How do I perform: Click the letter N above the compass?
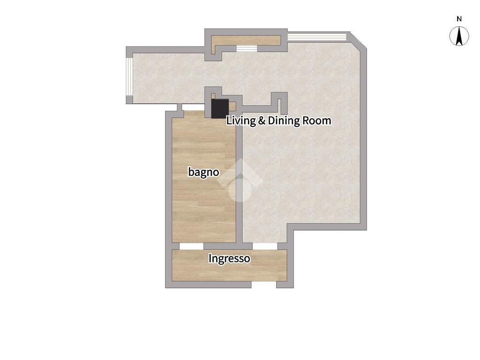point(459,19)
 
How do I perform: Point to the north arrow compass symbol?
point(459,36)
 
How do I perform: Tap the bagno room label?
point(203,172)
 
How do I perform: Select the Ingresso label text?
point(229,259)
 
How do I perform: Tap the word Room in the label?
point(317,120)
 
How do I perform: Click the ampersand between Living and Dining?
point(262,120)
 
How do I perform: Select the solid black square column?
point(220,108)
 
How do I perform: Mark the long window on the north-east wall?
point(317,37)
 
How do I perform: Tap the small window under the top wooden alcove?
point(247,49)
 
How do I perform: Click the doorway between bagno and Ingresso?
point(191,246)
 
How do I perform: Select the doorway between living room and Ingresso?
point(265,246)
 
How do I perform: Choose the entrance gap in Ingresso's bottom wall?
point(264,285)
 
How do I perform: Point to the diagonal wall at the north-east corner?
point(358,41)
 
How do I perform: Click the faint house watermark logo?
point(240,180)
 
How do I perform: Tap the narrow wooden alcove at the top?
point(246,40)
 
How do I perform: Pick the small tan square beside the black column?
point(232,106)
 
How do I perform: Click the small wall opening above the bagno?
point(180,107)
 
